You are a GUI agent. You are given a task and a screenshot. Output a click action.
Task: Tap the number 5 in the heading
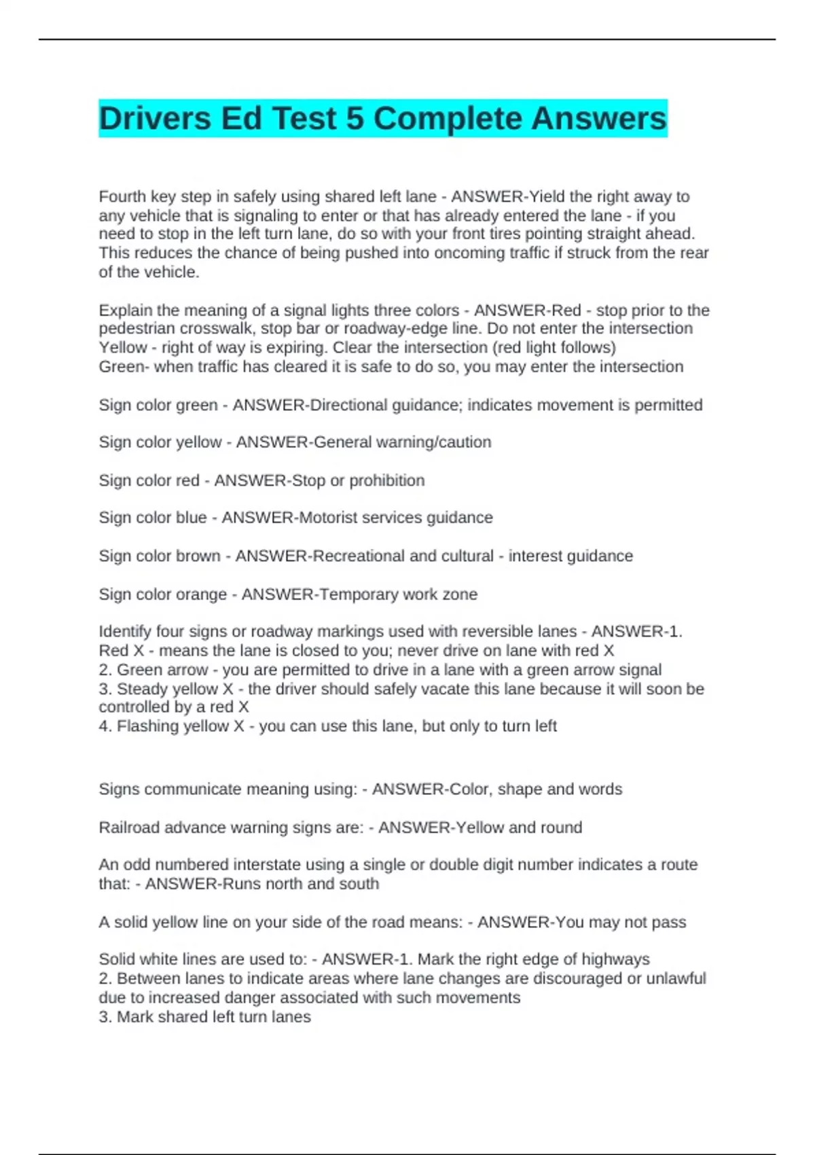(355, 119)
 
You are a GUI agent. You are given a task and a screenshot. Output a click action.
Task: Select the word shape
(520, 789)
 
